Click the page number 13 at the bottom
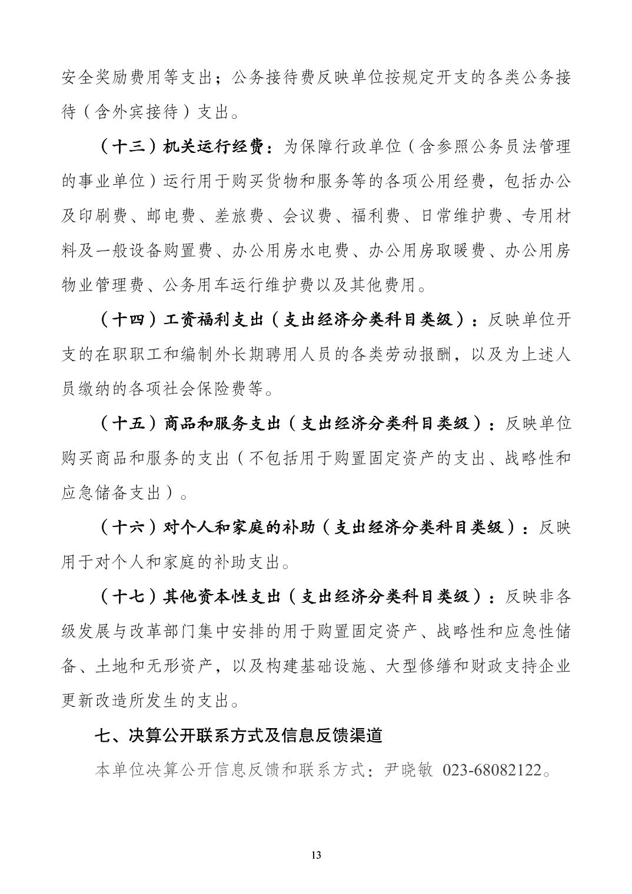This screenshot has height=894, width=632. pos(316,855)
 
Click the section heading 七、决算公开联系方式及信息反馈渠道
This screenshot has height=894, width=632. pos(239,736)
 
